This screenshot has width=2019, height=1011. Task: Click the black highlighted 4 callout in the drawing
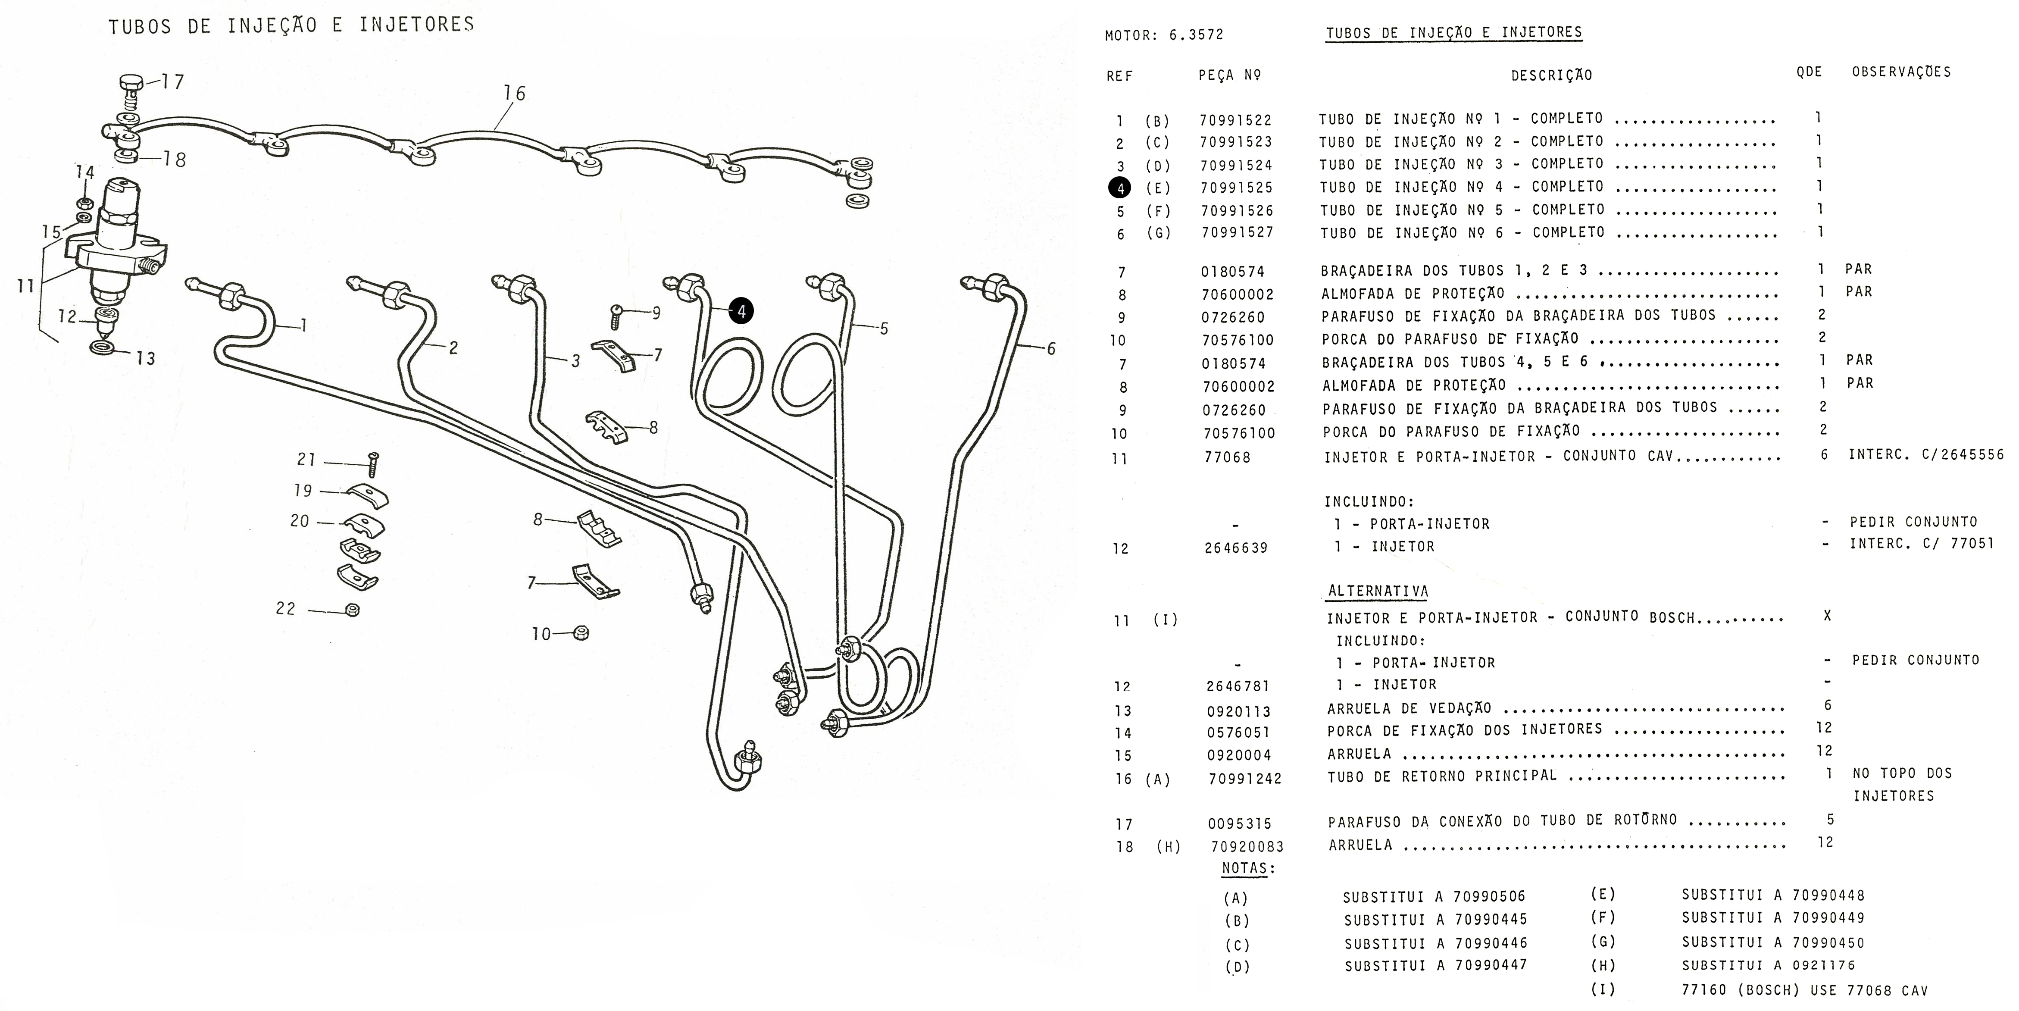pyautogui.click(x=741, y=311)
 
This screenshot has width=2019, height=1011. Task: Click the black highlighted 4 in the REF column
pyautogui.click(x=1119, y=188)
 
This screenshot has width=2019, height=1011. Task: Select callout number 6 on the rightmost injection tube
pyautogui.click(x=1051, y=349)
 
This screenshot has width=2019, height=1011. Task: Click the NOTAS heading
pyautogui.click(x=1249, y=868)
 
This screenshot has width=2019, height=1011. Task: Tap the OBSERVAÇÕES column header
pyautogui.click(x=1901, y=72)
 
